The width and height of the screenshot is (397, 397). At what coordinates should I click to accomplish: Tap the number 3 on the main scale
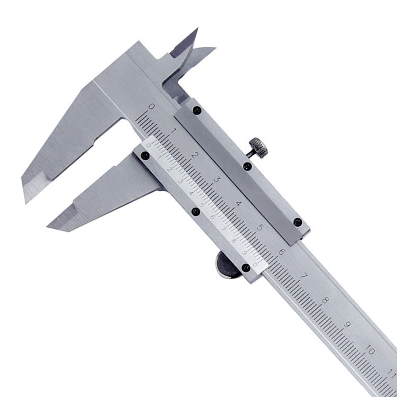217,179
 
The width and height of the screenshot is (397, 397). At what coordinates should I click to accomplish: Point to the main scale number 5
261,228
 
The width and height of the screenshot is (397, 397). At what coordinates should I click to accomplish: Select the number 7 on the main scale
304,276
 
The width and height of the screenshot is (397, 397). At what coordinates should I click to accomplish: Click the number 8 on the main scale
326,300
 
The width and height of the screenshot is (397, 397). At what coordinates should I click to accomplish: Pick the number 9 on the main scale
348,324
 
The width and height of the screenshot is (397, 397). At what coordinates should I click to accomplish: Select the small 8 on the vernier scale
234,240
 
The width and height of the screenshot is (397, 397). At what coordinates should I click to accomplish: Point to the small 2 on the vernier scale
170,170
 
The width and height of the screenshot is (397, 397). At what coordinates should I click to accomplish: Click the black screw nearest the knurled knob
247,166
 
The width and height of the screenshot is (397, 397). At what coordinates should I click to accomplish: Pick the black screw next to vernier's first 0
145,156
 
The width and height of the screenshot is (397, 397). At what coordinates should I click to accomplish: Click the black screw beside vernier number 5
195,212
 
